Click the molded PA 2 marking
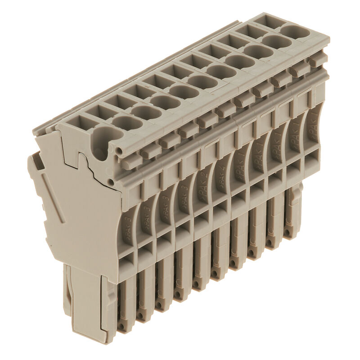[x=204, y=183]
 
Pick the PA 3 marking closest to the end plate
[x=128, y=220]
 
